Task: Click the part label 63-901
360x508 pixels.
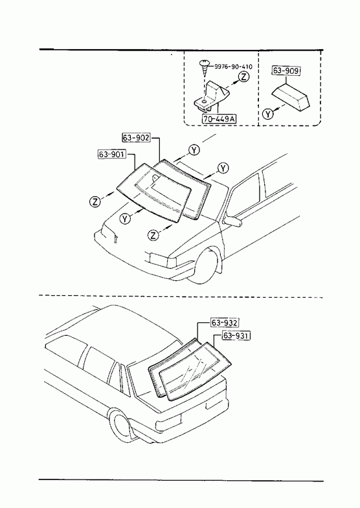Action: (111, 155)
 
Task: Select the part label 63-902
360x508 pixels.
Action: (136, 138)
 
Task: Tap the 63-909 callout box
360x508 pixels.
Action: (286, 71)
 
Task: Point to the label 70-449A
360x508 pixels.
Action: (219, 119)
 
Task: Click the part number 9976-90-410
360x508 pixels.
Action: (233, 67)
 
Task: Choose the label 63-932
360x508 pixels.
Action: (225, 323)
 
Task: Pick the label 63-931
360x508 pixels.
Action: (236, 336)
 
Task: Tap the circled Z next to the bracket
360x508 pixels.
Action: (243, 76)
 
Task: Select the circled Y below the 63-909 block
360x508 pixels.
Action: (267, 114)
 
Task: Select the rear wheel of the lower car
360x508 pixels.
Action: (120, 425)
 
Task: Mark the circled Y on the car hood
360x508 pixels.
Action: (125, 219)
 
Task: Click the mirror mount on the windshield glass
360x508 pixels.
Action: (155, 177)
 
